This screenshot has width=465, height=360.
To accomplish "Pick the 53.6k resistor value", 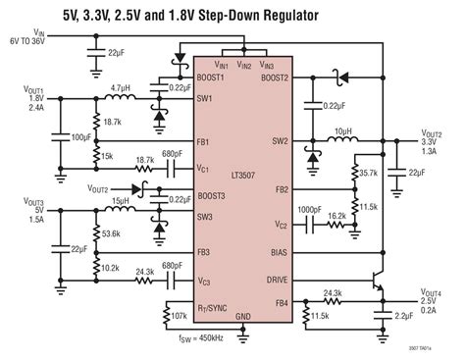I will click(x=111, y=235).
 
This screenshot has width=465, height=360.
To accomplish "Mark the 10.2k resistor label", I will click(x=110, y=266).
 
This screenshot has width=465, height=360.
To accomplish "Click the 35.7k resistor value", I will click(x=367, y=172).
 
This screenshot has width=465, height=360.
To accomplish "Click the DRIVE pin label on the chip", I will click(x=278, y=279).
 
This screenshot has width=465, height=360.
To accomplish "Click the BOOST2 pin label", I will click(x=274, y=77).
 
